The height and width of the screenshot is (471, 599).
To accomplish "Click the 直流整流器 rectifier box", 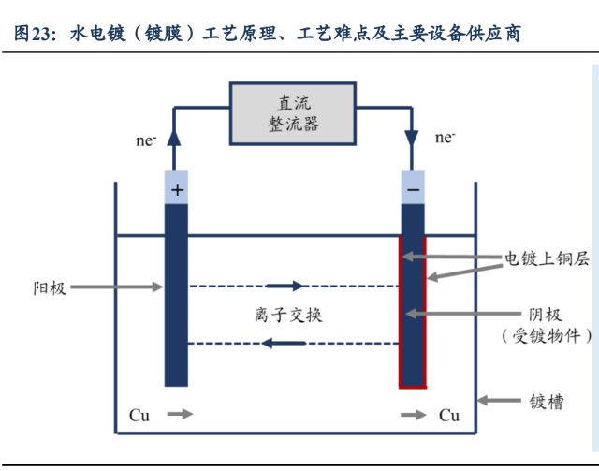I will [293, 113].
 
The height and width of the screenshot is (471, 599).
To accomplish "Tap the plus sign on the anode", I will [176, 189].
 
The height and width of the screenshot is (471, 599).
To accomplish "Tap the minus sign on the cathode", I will [413, 189].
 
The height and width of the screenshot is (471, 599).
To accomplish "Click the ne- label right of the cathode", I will [446, 138].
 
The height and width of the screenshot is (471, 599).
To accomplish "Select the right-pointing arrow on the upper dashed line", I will [285, 286].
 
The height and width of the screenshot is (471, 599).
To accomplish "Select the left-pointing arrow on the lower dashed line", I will [282, 344].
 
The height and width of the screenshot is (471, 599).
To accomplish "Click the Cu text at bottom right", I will [450, 415].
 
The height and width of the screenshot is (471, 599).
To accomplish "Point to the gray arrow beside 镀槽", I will [500, 402].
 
